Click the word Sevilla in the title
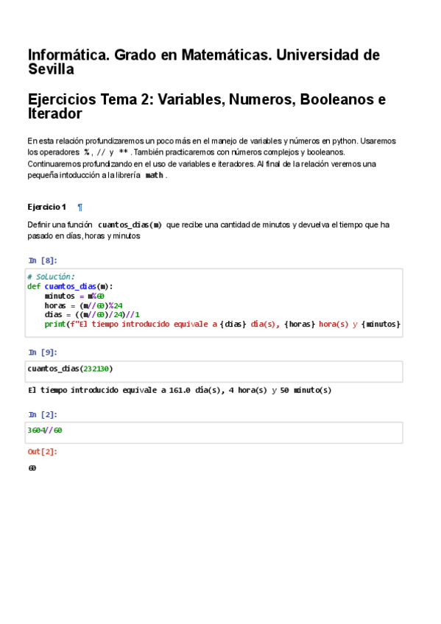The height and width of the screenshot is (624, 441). (x=51, y=70)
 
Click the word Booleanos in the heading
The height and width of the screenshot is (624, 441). (x=336, y=100)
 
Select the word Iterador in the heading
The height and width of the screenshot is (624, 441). (x=54, y=114)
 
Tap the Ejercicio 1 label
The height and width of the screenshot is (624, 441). (x=46, y=208)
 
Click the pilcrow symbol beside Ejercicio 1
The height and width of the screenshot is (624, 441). (x=80, y=208)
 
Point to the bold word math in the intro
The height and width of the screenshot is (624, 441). (x=154, y=175)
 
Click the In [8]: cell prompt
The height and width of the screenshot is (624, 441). (x=43, y=260)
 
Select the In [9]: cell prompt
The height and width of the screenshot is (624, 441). (x=43, y=352)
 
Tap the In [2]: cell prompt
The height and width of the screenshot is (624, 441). (x=43, y=415)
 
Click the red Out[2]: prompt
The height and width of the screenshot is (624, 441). (x=43, y=452)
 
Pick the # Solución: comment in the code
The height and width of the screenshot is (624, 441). (x=51, y=277)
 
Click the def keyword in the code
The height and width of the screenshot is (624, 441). (x=34, y=286)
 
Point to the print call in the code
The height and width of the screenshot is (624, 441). (x=54, y=324)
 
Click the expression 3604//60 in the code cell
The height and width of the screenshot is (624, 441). (x=45, y=430)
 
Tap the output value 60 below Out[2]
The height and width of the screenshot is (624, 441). (x=32, y=468)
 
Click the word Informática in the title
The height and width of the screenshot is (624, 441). (x=68, y=55)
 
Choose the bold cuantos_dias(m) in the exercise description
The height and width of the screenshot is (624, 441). (x=130, y=224)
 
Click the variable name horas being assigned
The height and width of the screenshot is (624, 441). (x=55, y=305)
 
